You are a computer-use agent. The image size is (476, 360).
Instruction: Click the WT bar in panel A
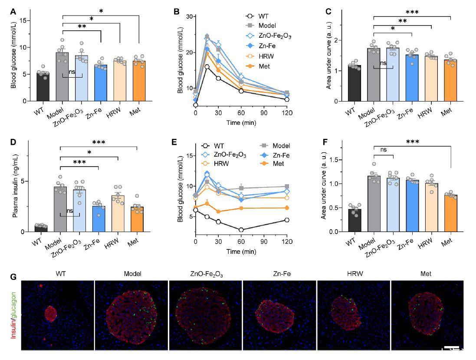pos(43,87)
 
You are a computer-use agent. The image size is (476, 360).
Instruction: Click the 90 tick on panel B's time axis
pos(263,111)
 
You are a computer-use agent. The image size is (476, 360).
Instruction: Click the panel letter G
pos(13,276)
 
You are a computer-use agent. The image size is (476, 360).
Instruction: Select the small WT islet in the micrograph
pos(51,313)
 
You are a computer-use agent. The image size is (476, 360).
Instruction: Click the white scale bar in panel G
pos(451,347)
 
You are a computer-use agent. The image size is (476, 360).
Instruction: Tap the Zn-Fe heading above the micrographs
pos(280,274)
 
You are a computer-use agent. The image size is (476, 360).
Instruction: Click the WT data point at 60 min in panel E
pos(241,230)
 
